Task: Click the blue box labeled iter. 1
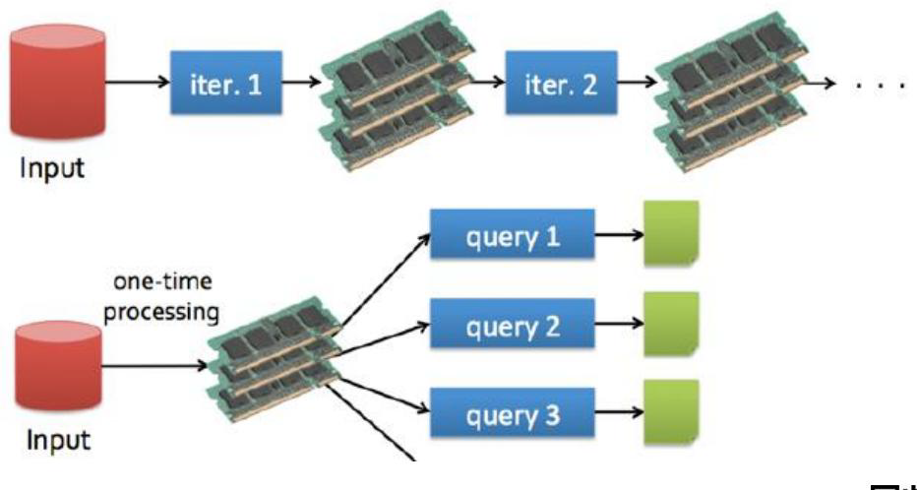pyautogui.click(x=226, y=85)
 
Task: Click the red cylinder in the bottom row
pyautogui.click(x=59, y=369)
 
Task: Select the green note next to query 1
pyautogui.click(x=670, y=233)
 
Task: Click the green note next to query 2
pyautogui.click(x=670, y=323)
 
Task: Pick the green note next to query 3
pyautogui.click(x=670, y=410)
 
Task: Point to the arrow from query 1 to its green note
pyautogui.click(x=618, y=237)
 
